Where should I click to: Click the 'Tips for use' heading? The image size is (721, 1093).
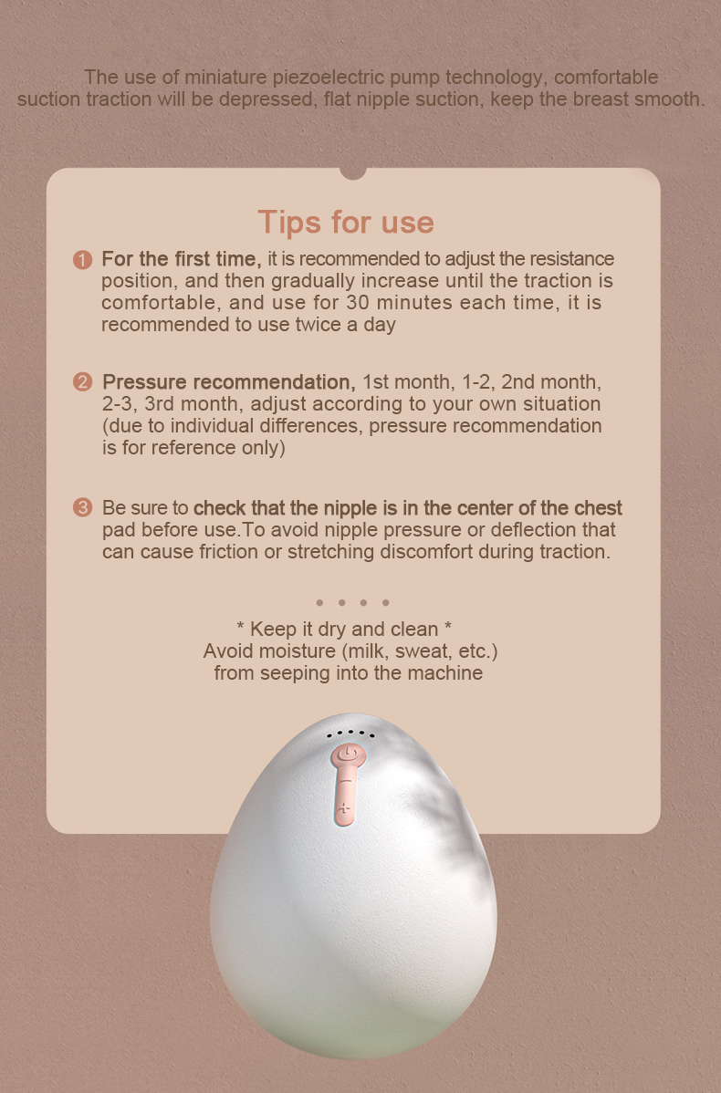tap(346, 223)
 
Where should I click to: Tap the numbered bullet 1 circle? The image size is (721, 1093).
tap(82, 260)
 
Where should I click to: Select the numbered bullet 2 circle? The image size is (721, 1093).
tap(82, 382)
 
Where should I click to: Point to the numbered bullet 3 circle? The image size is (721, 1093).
tap(82, 507)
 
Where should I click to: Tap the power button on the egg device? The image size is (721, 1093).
tap(347, 755)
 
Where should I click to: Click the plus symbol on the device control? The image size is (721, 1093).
tap(344, 810)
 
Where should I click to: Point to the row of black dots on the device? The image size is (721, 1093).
tap(350, 734)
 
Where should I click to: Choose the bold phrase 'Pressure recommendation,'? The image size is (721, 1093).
tap(229, 382)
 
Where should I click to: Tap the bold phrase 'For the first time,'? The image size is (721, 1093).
tap(182, 259)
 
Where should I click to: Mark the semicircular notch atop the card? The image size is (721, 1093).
tap(353, 172)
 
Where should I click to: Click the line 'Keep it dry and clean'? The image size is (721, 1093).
tap(344, 630)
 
